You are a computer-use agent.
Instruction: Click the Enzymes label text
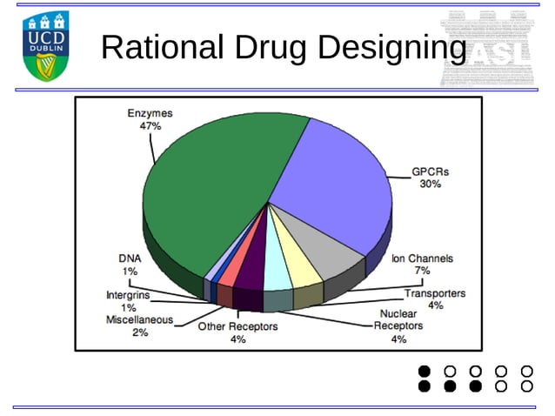coord(150,113)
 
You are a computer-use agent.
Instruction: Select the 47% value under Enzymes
coord(150,125)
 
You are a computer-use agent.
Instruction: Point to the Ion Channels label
coord(422,258)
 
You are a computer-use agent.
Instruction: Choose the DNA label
coord(129,258)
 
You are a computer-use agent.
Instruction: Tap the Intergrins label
coord(129,295)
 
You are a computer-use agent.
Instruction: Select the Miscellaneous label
coord(140,319)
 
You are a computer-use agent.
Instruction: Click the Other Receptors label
coord(237,326)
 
